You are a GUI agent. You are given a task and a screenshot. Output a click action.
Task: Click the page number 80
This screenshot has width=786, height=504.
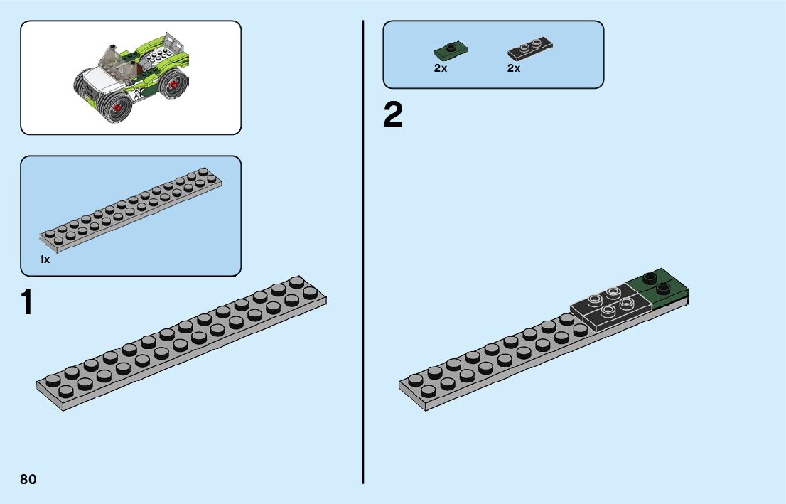28,479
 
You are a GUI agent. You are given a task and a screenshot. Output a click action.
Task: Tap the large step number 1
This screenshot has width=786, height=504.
27,302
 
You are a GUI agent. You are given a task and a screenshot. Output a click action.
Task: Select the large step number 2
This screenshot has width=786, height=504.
393,116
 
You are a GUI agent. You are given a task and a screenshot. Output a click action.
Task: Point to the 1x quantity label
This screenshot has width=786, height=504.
45,260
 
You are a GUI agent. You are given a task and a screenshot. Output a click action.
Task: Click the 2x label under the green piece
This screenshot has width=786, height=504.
441,69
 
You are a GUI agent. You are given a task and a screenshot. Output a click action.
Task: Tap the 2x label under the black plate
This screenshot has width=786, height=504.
514,69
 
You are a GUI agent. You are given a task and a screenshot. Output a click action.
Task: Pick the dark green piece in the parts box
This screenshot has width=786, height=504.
449,51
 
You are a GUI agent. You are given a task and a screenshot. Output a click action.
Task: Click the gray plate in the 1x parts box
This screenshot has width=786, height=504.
131,205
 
